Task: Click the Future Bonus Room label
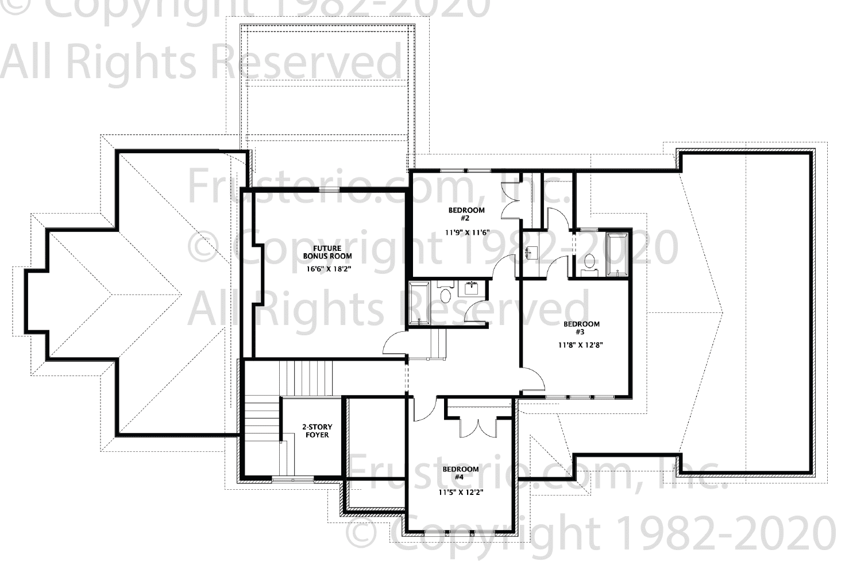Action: point(327,252)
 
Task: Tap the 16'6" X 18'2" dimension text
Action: point(327,269)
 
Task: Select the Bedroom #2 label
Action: point(466,214)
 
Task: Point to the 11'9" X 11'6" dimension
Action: point(467,233)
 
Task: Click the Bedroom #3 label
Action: point(581,328)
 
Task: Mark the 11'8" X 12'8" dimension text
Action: point(581,345)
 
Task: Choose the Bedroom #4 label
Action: point(460,473)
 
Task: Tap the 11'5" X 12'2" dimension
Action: point(461,492)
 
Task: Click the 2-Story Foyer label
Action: point(317,431)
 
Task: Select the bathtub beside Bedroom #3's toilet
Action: point(617,256)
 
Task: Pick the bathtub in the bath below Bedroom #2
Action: point(419,303)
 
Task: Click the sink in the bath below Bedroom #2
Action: point(472,288)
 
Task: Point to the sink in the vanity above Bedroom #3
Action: point(531,252)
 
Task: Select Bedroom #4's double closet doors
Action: point(477,428)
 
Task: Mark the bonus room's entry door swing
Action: point(395,342)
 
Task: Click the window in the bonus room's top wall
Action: point(330,189)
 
